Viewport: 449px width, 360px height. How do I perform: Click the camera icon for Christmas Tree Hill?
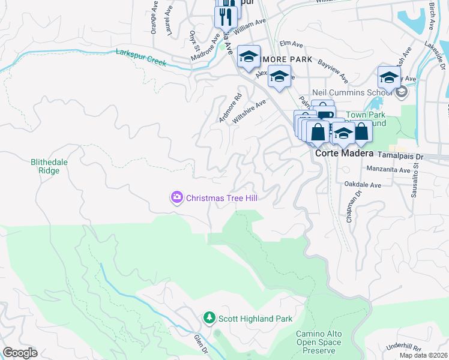tap(176, 197)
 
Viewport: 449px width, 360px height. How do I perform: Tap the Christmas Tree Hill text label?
tap(221, 198)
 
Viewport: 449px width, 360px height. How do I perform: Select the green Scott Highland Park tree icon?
tap(209, 318)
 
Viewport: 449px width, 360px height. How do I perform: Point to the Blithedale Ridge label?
tap(45, 166)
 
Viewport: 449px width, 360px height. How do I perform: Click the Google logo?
tap(20, 353)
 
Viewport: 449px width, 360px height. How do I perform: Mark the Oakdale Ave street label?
tap(363, 185)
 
